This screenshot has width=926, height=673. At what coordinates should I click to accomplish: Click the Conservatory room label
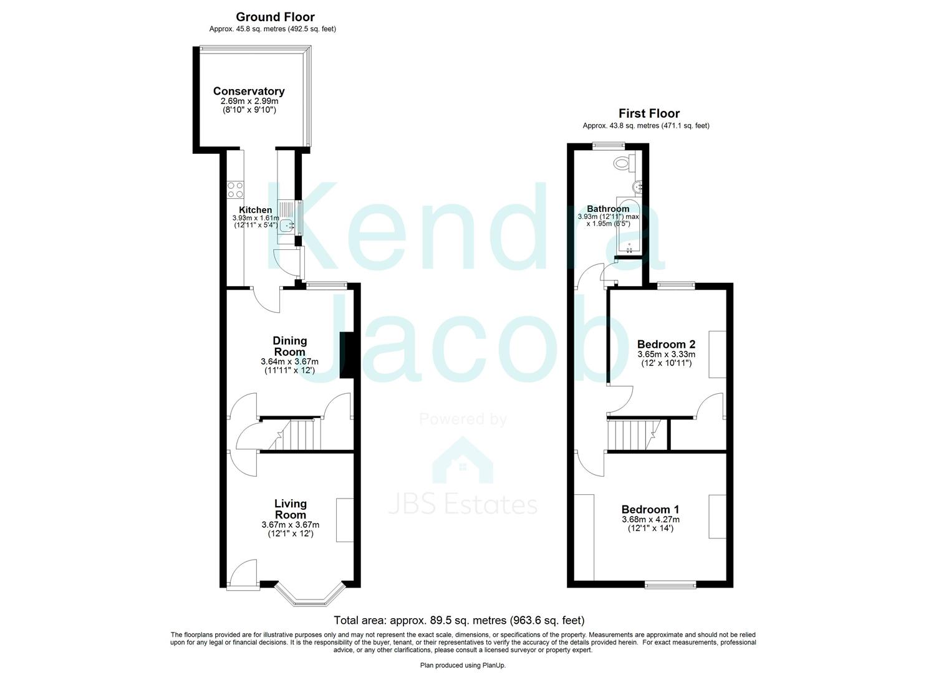click(249, 91)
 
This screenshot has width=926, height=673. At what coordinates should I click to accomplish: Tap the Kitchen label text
click(255, 210)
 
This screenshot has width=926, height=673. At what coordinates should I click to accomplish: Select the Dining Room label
click(290, 346)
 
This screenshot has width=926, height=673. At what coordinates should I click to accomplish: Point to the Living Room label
click(291, 508)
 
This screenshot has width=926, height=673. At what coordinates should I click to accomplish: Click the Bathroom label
click(608, 209)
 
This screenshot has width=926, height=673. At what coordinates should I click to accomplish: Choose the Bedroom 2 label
click(666, 344)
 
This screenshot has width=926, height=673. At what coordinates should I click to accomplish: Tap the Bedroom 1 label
click(650, 509)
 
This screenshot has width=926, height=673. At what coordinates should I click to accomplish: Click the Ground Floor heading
click(275, 17)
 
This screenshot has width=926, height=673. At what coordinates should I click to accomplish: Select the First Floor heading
click(649, 113)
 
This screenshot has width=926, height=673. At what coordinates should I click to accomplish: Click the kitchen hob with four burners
click(235, 189)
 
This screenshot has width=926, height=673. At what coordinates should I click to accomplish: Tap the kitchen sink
click(287, 224)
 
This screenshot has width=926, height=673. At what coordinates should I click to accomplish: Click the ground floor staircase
click(296, 434)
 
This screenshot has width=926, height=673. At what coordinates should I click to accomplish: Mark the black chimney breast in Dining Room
click(346, 355)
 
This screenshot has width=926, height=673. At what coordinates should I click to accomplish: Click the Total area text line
click(459, 620)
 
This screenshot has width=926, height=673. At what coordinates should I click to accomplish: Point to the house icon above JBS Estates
click(463, 461)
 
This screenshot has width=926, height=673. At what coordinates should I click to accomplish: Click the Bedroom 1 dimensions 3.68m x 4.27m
click(650, 519)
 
